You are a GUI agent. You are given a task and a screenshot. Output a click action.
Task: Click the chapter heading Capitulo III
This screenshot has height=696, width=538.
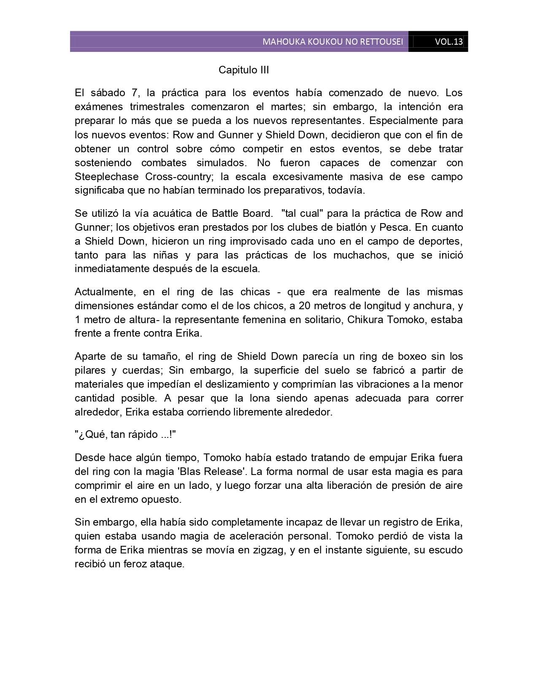tap(243, 70)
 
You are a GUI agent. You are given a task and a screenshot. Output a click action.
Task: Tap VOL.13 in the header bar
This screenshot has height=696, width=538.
tap(449, 42)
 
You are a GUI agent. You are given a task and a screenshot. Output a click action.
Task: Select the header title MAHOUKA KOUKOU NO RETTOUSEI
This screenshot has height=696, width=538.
tap(333, 42)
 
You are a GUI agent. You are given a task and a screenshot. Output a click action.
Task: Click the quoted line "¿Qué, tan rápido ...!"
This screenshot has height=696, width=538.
tap(125, 434)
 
